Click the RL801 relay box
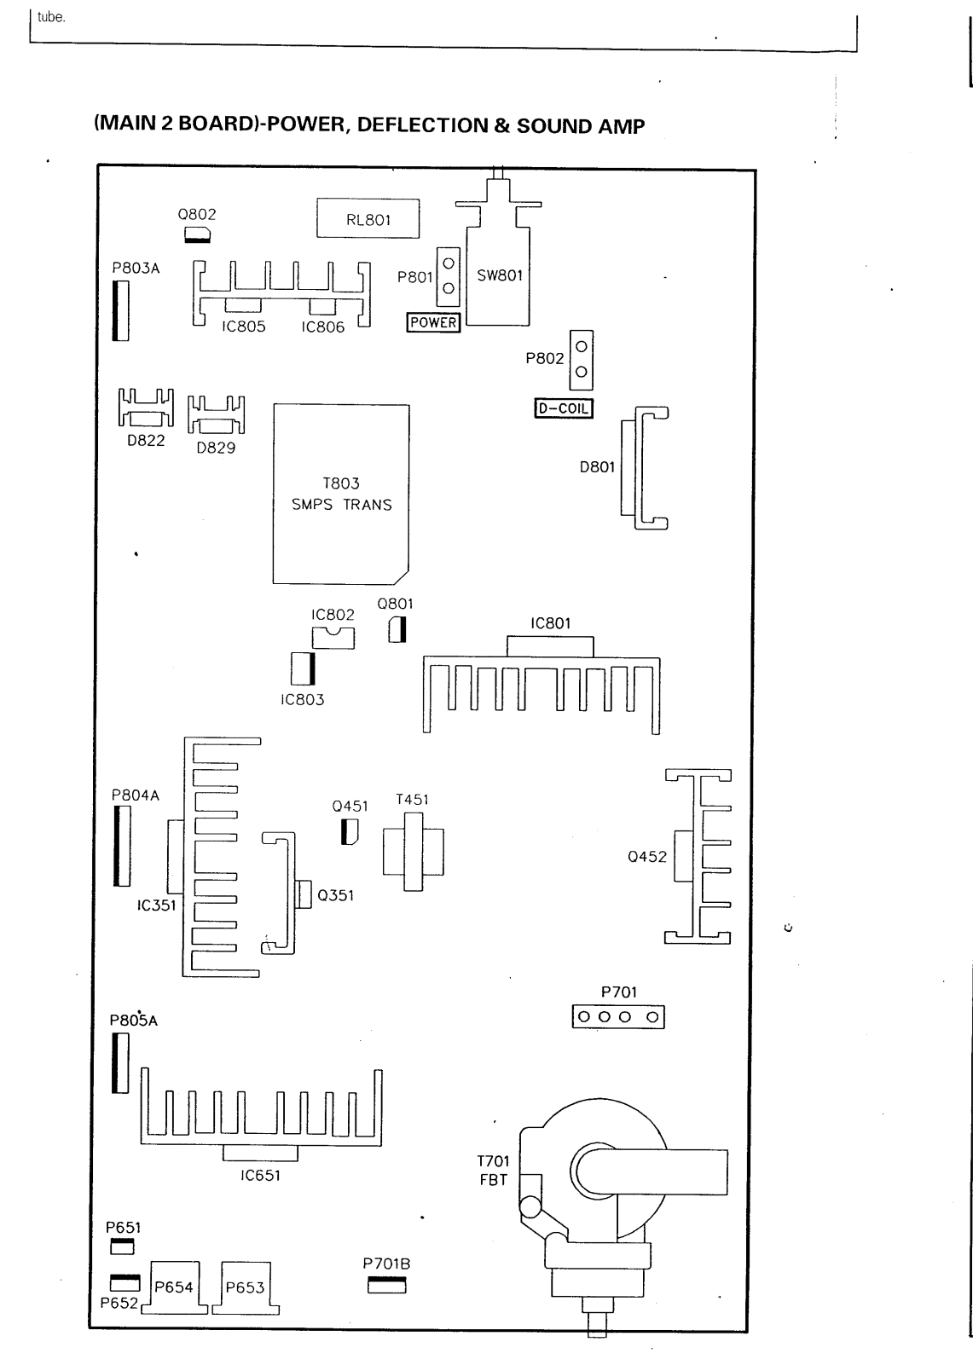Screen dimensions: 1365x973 [x=368, y=218]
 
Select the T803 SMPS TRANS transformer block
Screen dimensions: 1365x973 [x=341, y=494]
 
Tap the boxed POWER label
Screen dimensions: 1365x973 [x=433, y=322]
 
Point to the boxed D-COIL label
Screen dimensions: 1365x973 [x=563, y=408]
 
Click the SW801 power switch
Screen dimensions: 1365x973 [x=498, y=276]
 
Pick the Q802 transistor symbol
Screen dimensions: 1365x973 [x=198, y=235]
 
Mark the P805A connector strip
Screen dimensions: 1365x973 [x=119, y=1063]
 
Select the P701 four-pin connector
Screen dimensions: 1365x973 [x=618, y=1017]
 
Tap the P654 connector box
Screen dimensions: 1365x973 [x=174, y=1287]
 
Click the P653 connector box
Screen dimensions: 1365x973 [x=246, y=1287]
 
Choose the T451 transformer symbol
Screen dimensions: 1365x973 [x=413, y=851]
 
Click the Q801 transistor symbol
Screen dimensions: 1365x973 [x=397, y=630]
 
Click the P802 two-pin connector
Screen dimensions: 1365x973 [x=581, y=359]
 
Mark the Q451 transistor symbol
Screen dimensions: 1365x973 [x=350, y=831]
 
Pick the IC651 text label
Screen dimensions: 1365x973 [x=260, y=1176]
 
